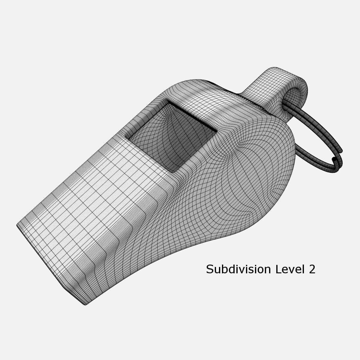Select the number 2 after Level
tap(312, 269)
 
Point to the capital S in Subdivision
tap(209, 269)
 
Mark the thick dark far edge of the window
tap(192, 115)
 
